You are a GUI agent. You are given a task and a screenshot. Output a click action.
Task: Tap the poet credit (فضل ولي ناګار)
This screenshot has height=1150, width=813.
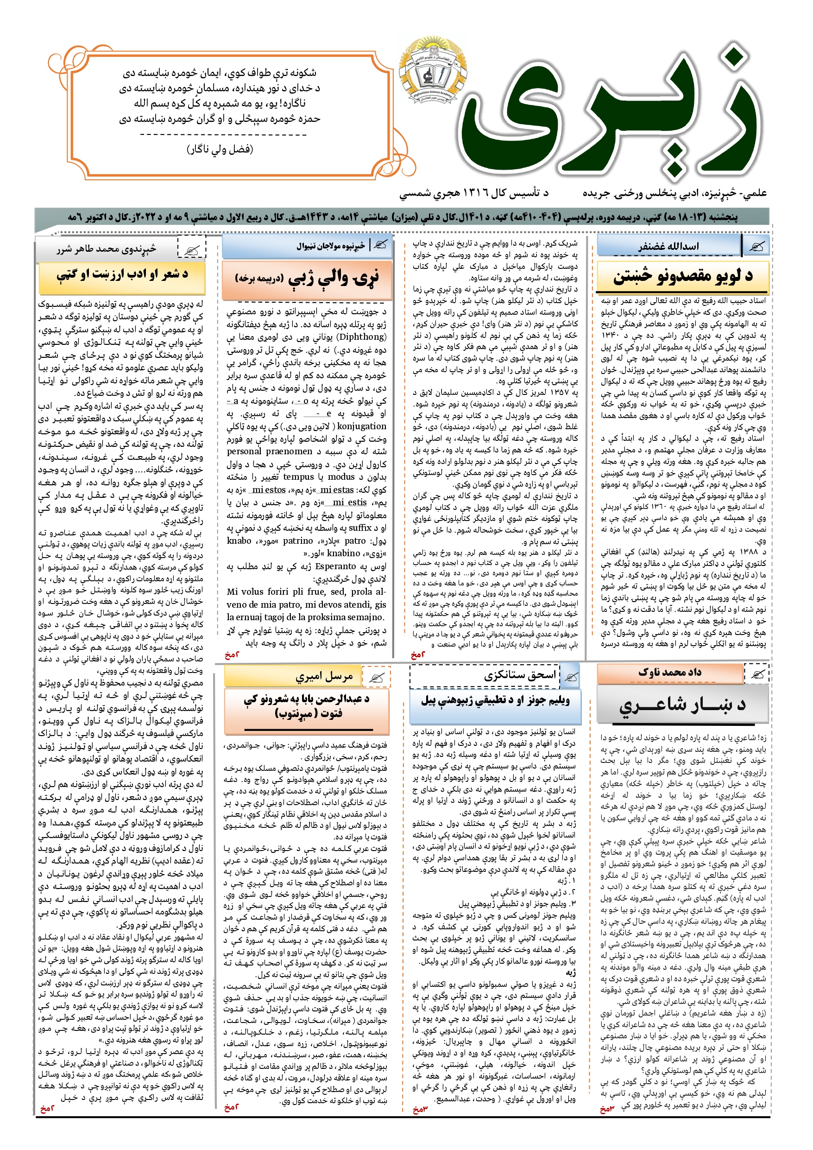pyautogui.click(x=220, y=149)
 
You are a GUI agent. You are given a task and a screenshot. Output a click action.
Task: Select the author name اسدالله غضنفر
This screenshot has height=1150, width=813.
pyautogui.click(x=668, y=247)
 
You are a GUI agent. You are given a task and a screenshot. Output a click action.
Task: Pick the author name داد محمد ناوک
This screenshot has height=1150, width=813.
pyautogui.click(x=669, y=672)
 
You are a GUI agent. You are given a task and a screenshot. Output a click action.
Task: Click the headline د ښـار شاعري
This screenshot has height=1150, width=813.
pyautogui.click(x=682, y=704)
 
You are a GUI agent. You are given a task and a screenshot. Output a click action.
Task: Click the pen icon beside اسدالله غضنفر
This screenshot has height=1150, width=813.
pyautogui.click(x=757, y=247)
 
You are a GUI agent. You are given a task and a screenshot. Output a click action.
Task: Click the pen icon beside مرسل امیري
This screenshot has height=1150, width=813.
pyautogui.click(x=376, y=678)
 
